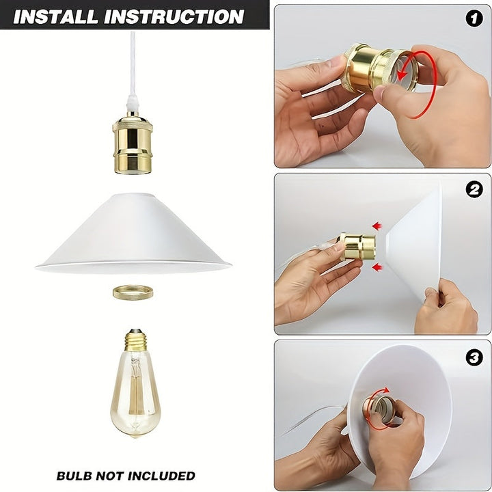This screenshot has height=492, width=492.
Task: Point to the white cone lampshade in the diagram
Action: click(x=133, y=232)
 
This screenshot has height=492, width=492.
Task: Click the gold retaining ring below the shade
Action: click(x=133, y=292)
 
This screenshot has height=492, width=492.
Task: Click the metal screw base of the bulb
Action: click(x=135, y=340)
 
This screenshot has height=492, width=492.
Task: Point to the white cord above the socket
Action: click(x=133, y=61)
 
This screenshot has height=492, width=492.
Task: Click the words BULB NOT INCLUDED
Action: click(x=126, y=476)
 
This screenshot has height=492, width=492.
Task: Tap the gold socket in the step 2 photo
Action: click(x=357, y=247)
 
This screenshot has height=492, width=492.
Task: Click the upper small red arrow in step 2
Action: click(x=377, y=225)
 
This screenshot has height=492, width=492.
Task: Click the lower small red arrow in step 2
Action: click(x=377, y=269)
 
